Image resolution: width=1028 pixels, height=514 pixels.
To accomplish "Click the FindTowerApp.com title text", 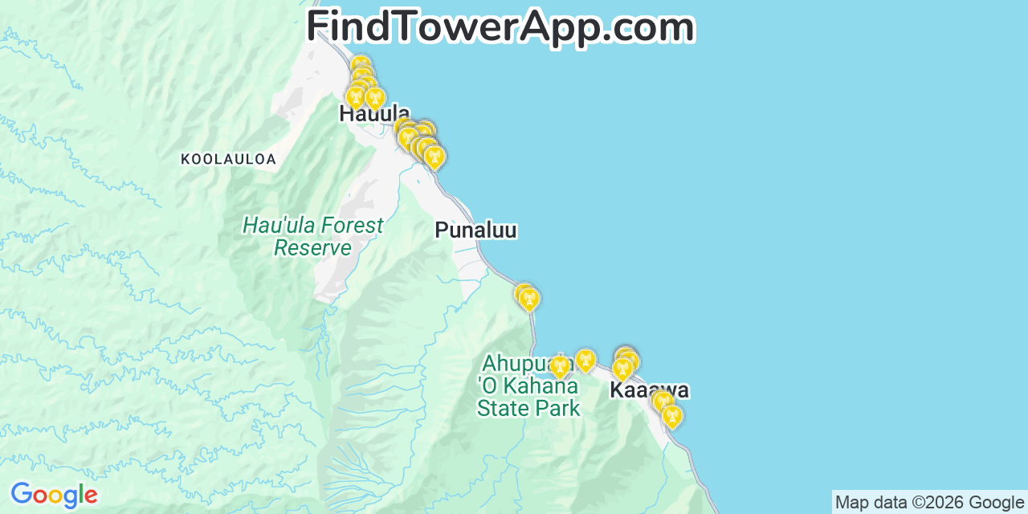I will (500, 27).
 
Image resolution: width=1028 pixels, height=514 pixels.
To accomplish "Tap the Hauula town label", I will (374, 114).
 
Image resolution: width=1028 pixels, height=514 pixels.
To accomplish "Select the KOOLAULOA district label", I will (228, 159).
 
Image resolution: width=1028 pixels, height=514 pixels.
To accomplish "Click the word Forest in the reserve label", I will (347, 226).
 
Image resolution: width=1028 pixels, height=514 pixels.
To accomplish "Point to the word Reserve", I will (312, 247).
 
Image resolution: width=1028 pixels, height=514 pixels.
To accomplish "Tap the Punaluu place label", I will (475, 230).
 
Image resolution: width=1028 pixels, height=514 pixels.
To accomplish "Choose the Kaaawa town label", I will (649, 391).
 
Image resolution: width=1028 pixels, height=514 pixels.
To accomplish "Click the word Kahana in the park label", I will (540, 385).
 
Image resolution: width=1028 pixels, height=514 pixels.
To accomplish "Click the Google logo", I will (54, 495).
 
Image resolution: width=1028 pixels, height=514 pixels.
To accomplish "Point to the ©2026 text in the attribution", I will (939, 503).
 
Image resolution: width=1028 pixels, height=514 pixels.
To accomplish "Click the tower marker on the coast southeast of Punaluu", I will (528, 300).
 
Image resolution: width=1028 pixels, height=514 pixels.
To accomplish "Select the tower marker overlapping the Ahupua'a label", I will (560, 367).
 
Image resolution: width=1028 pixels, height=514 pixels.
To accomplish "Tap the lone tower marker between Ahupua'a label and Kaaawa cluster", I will (585, 361).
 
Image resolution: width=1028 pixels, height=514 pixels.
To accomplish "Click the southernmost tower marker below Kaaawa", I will (671, 416).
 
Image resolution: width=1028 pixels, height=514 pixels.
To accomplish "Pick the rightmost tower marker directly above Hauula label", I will (375, 99).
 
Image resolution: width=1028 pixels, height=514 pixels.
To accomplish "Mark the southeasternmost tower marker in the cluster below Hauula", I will (434, 157).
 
